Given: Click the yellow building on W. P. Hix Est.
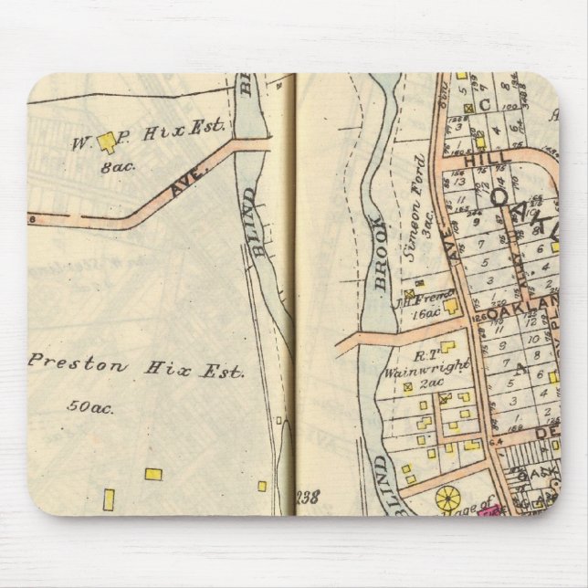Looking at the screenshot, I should (109, 141).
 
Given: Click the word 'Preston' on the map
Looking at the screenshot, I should (66, 362).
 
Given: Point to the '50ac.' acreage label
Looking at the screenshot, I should (89, 407).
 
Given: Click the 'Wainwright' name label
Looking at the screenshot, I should (439, 366).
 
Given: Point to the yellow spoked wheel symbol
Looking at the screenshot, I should (448, 499).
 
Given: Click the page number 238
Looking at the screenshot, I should (309, 498).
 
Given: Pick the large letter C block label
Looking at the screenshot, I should (485, 104).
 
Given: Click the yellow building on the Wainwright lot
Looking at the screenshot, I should (447, 347).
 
